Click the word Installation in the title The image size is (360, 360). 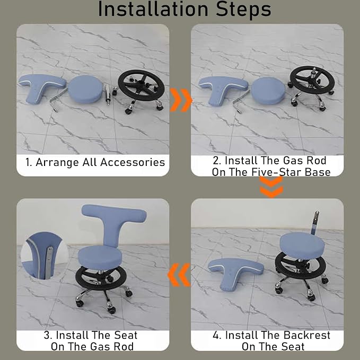153,8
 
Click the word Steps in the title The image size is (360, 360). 243,10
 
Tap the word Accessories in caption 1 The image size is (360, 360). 133,162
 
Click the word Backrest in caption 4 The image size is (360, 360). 306,335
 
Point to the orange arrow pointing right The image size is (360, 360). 181,100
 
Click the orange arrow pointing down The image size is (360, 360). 271,187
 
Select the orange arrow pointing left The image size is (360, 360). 179,275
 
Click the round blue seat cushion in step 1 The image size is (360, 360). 85,89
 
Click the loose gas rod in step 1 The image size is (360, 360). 108,94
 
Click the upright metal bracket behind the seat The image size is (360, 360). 314,222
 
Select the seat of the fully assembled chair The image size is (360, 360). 100,257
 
